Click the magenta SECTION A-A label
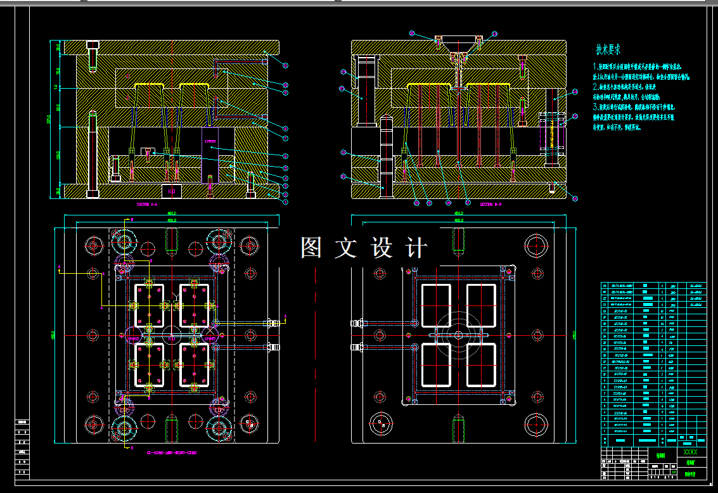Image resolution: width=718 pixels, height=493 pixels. click(x=150, y=205)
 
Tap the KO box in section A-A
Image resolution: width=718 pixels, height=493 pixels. click(x=170, y=190)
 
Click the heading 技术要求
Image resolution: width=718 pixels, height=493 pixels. click(x=608, y=49)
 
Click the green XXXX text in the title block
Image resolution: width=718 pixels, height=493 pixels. click(x=689, y=452)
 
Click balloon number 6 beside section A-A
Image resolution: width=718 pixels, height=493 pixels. click(x=285, y=155)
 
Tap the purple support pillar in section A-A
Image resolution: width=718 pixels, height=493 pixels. click(x=211, y=155)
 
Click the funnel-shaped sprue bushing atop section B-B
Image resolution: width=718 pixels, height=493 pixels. click(x=458, y=46)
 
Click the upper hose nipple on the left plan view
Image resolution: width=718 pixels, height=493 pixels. click(x=272, y=323)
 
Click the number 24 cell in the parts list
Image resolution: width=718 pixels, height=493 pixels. click(x=604, y=286)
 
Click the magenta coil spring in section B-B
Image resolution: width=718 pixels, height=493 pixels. click(x=551, y=133)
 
